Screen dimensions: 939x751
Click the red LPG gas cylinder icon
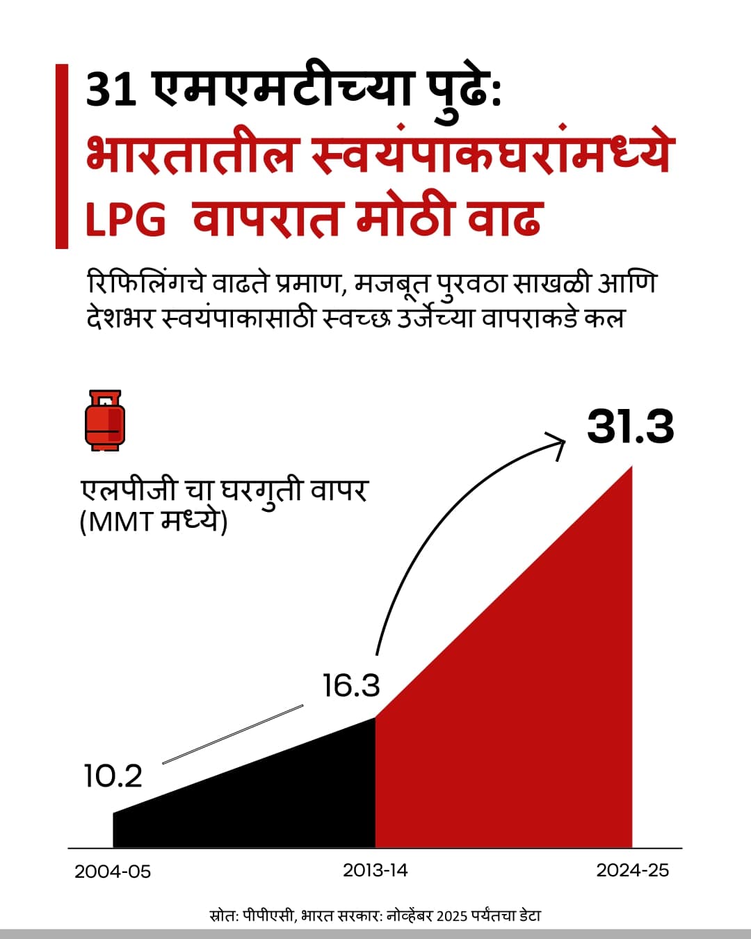[105, 420]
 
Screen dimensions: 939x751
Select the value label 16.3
[351, 685]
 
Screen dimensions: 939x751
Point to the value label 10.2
[113, 776]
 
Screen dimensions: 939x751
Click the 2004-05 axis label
[113, 871]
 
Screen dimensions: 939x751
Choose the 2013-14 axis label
[375, 869]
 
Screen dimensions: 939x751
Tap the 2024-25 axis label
[632, 869]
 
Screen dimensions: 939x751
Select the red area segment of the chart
[528, 730]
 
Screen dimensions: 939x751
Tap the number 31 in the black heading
[111, 89]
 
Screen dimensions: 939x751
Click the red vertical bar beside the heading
[62, 156]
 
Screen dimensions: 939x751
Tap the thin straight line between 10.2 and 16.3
[233, 734]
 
